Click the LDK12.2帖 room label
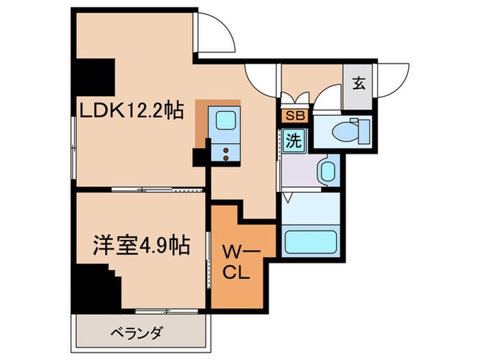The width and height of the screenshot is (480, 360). click(130, 110)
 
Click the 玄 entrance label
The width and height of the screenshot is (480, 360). click(358, 85)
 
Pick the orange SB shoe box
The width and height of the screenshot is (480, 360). click(295, 116)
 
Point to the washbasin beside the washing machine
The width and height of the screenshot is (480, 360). click(325, 170)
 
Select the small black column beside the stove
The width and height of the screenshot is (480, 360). click(200, 157)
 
